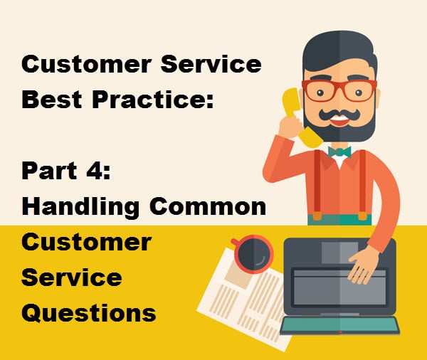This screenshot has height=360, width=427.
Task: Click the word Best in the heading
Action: (52, 99)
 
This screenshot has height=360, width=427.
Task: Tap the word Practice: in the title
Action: (153, 99)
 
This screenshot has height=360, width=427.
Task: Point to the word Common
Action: (208, 207)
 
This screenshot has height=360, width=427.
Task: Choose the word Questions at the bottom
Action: (89, 313)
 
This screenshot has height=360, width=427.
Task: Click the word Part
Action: (49, 171)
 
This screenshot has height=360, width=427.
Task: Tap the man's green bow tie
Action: (339, 152)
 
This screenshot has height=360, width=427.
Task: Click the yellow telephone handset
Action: (297, 117)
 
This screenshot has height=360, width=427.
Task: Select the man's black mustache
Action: (339, 114)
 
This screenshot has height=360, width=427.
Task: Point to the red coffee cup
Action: (253, 254)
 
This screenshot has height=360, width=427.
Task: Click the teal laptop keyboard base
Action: (340, 325)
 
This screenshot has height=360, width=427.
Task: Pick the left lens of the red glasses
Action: (321, 91)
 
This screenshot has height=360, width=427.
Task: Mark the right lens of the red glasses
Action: (359, 91)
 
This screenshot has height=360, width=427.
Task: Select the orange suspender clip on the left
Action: (317, 216)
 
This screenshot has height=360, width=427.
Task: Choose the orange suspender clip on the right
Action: (362, 216)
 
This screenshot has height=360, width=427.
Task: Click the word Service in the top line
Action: (211, 64)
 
